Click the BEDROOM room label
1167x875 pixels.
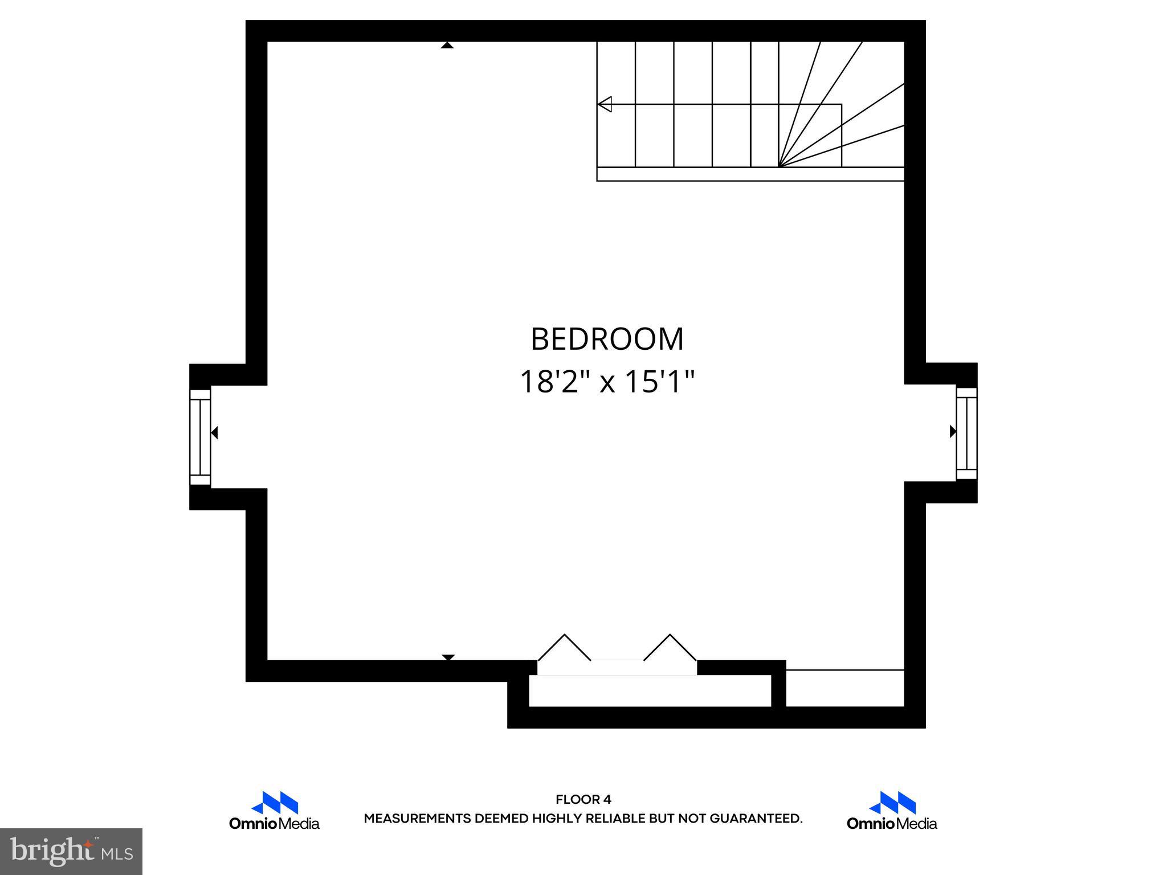[607, 340]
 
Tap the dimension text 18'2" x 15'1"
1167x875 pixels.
[607, 382]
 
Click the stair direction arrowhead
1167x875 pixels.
[605, 104]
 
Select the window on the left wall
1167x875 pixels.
[200, 437]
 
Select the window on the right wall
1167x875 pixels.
[966, 434]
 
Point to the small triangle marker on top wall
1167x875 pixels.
[447, 45]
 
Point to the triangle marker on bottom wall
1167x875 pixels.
[448, 657]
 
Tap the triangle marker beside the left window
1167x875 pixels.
[214, 433]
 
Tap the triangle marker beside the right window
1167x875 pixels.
[952, 432]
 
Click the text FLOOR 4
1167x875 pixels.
[583, 800]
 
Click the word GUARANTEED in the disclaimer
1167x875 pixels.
[755, 819]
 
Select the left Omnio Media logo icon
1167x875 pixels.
[275, 803]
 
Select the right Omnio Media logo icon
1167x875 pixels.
[892, 803]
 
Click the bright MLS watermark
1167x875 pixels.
[71, 852]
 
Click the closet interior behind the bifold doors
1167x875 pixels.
[650, 691]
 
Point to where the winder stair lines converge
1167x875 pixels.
[779, 166]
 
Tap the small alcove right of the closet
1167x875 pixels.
[845, 689]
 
